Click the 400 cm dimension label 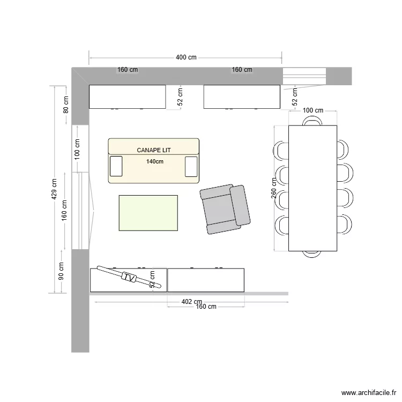[x=186, y=57]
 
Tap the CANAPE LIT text [x=154, y=150]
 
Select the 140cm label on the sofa [x=154, y=161]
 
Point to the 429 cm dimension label [x=54, y=189]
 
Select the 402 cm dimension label [x=191, y=302]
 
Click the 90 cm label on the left [x=61, y=271]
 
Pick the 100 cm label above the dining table [x=313, y=110]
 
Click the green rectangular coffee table [x=148, y=213]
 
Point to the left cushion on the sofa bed [x=116, y=166]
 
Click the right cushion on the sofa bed [x=191, y=166]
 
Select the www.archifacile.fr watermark [x=368, y=392]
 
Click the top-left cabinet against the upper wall [x=127, y=96]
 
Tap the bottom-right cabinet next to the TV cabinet [x=206, y=280]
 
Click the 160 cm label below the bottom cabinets [x=206, y=307]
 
